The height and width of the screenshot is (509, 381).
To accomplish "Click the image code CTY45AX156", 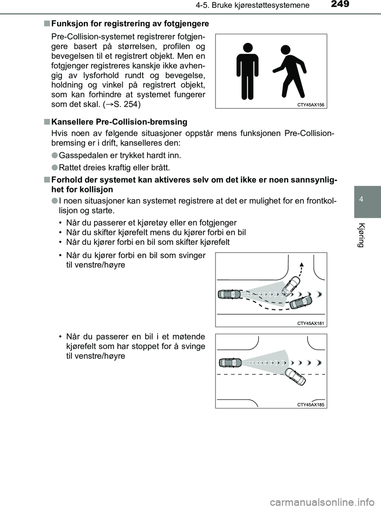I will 310,105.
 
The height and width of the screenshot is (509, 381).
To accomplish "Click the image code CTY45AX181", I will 310,323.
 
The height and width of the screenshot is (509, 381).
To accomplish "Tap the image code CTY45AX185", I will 310,405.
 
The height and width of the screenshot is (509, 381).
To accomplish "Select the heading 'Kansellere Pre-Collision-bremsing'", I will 119,122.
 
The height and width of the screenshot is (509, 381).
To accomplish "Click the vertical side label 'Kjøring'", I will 360,235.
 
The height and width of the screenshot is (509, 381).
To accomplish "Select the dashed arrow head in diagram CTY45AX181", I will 302,264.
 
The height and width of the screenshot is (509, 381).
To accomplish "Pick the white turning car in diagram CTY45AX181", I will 291,285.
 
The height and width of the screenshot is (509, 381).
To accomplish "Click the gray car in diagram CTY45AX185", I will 230,362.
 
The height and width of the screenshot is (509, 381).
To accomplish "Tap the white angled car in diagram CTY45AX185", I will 296,376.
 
